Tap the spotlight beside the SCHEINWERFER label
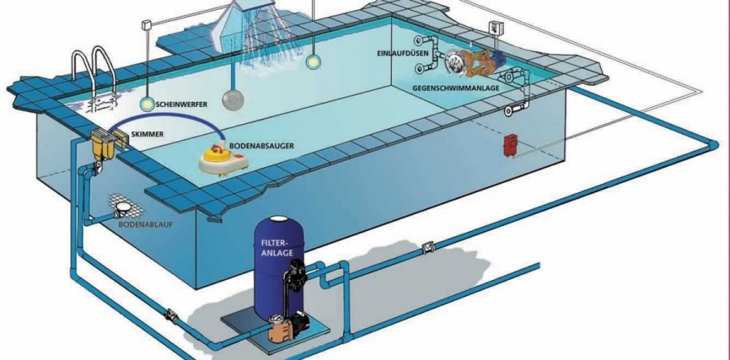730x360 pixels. tap(146, 104)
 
